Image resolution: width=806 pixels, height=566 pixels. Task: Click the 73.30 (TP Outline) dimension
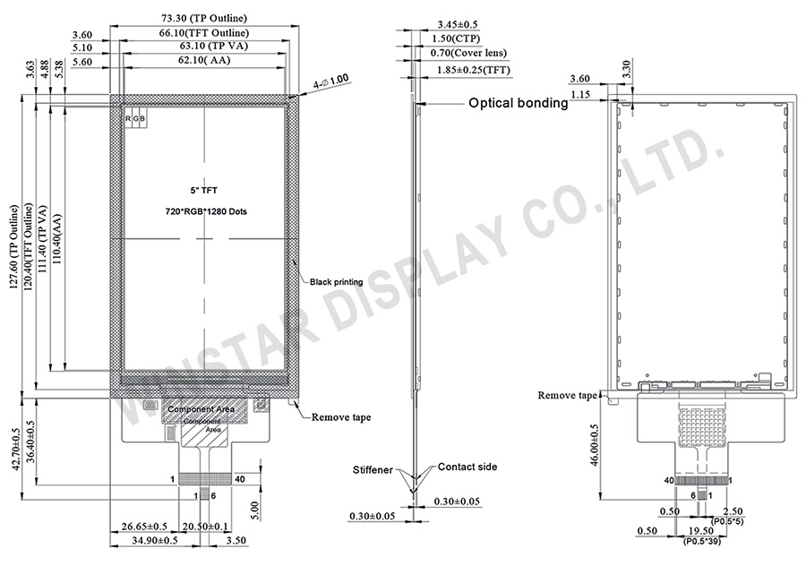tap(204, 18)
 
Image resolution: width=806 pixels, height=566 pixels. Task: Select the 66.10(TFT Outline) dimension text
tap(204, 32)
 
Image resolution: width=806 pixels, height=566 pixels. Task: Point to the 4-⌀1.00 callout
tap(330, 81)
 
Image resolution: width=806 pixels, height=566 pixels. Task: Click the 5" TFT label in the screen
tap(204, 192)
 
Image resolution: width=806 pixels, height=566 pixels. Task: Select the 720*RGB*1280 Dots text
tap(204, 211)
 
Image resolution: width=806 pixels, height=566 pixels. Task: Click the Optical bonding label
tap(519, 103)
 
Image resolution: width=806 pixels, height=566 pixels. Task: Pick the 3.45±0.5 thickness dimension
tap(457, 24)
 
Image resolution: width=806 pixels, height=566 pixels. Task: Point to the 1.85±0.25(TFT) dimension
tap(474, 69)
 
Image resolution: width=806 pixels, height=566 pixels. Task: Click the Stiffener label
tap(372, 468)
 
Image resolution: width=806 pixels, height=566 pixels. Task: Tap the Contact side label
tap(467, 467)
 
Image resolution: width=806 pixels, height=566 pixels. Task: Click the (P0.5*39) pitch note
tap(708, 542)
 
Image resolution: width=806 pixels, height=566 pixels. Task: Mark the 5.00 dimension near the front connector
tap(255, 510)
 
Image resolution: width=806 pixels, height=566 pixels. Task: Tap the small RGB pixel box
tap(135, 119)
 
